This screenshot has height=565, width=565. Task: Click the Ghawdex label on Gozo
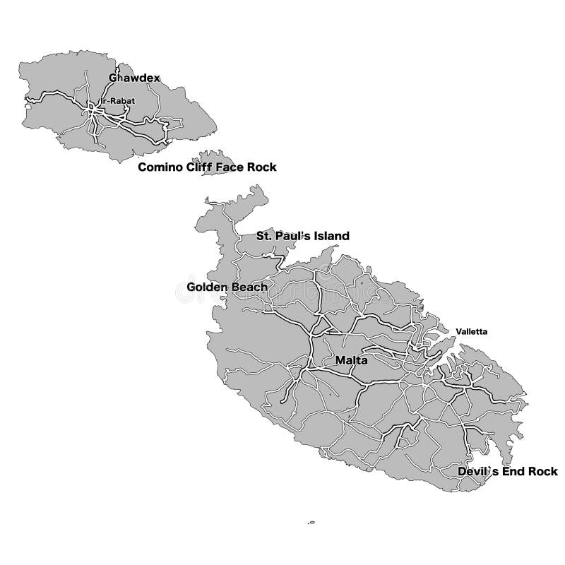tap(133, 78)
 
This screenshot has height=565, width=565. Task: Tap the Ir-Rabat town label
tap(118, 101)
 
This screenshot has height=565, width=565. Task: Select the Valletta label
tap(471, 331)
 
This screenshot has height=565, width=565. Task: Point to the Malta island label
tap(351, 360)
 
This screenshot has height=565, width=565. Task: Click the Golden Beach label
tap(227, 287)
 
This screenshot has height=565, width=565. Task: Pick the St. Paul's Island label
tap(302, 236)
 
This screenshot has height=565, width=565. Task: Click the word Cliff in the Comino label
tap(196, 167)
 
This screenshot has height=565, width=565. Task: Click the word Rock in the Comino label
tap(262, 167)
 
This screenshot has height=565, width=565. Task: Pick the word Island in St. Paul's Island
tap(331, 236)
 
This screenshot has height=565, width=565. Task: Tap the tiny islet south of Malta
tap(311, 523)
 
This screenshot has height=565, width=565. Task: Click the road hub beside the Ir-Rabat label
tap(92, 109)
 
